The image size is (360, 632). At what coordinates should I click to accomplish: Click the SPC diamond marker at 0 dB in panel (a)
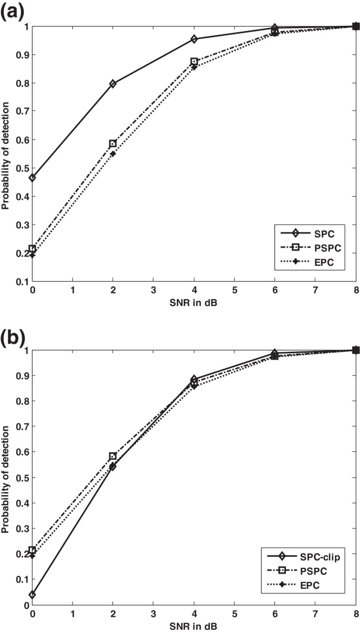(x=33, y=178)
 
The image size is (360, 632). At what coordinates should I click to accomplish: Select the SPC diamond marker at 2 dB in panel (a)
(x=113, y=84)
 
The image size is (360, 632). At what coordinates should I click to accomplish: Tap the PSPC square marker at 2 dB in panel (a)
(x=113, y=144)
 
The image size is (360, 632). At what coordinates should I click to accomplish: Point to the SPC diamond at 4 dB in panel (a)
(x=194, y=39)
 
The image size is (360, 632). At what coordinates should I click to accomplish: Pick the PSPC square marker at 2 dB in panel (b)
(x=113, y=456)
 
